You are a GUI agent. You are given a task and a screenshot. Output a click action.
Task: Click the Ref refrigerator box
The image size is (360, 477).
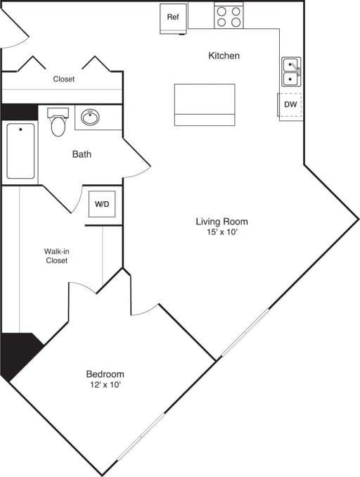point(173,18)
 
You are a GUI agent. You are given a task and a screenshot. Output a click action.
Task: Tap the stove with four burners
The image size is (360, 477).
point(229,17)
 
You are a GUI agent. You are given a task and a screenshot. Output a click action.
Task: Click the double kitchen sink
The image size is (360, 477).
point(291,71)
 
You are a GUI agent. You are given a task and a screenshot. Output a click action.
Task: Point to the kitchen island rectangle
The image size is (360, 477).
point(205,104)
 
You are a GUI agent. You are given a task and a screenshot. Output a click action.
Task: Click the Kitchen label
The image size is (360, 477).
point(224,56)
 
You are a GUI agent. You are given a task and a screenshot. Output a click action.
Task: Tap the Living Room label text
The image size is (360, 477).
point(221,222)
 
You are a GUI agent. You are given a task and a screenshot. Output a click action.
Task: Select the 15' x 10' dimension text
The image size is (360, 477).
point(221,233)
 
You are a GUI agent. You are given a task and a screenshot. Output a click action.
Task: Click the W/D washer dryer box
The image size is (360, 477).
point(103,205)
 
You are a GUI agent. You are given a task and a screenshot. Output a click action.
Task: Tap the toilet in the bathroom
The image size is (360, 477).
point(58,124)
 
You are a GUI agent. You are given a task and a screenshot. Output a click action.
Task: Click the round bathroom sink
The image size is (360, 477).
point(90,117)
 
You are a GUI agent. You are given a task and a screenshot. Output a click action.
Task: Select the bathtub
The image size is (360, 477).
point(21,151)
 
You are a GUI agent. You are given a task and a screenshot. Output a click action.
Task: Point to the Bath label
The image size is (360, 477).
point(82,154)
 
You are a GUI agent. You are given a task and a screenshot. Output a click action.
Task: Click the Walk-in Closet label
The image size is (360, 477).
point(56,255)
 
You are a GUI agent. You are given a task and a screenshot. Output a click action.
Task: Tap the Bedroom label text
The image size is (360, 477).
point(105,374)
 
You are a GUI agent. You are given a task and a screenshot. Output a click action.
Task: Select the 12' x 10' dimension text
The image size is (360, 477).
point(105,385)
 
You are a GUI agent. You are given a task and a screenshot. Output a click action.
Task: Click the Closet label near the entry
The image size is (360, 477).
point(64,79)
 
